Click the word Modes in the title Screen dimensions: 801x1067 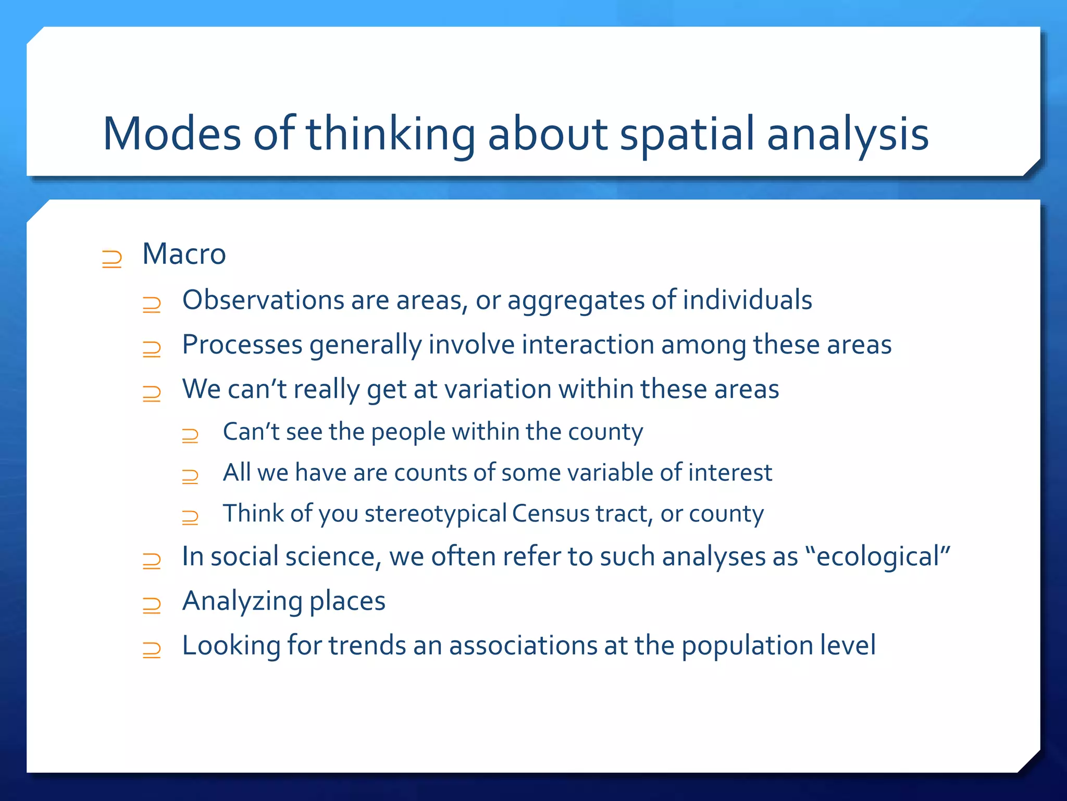tap(172, 134)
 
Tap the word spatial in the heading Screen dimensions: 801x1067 tap(687, 134)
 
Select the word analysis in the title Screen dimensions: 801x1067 tap(848, 134)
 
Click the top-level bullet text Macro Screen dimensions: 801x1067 tap(184, 254)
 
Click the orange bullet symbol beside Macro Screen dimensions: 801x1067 tap(112, 259)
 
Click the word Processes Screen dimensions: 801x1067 tap(242, 345)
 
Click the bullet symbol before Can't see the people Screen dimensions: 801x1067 tap(190, 435)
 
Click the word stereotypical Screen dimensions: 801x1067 tap(436, 514)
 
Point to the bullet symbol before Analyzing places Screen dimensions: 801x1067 tap(152, 605)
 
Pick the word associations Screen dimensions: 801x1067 tap(523, 646)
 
